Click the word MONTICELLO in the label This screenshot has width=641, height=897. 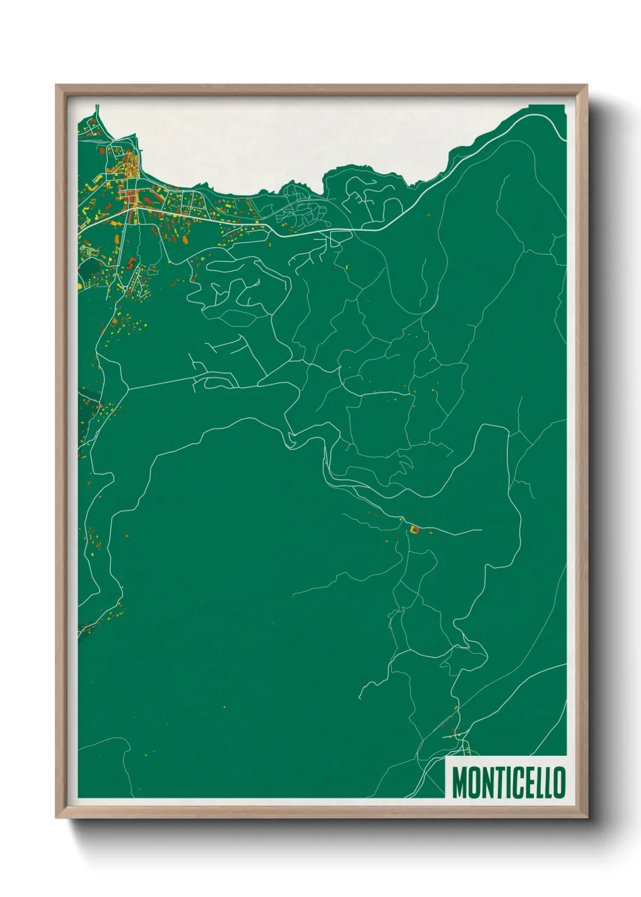point(508,782)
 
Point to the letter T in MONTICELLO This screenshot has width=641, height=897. point(495,782)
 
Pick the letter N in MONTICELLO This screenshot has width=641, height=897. point(485,782)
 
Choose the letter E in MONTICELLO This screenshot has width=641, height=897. point(526,782)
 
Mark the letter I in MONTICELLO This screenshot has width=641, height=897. point(504,782)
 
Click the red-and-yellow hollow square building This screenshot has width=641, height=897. point(415,530)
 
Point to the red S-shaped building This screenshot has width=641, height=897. point(131,264)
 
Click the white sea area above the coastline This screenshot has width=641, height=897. point(303,139)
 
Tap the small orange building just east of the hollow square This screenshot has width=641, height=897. point(431,532)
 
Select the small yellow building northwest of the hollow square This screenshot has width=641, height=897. point(401,519)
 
